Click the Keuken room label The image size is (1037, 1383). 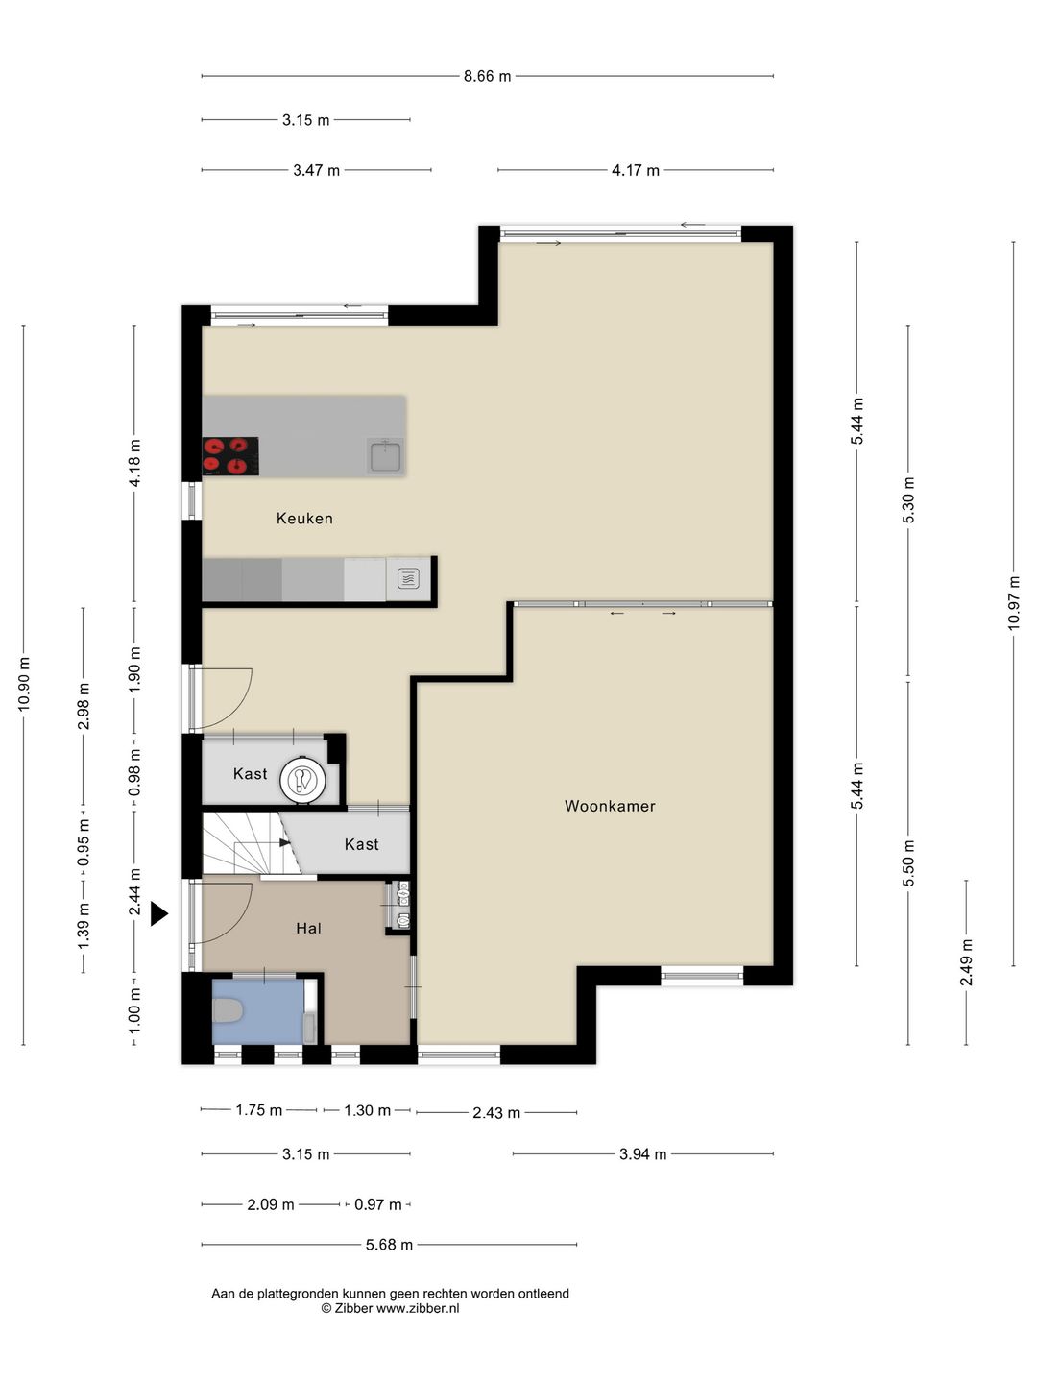pos(304,518)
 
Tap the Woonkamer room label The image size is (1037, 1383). pos(610,805)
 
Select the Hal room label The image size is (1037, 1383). pos(308,928)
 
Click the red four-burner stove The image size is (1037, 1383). pos(230,455)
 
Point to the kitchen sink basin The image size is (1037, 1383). pos(385,456)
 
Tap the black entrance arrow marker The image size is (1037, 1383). pos(159,913)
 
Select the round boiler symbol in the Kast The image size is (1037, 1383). pos(302,780)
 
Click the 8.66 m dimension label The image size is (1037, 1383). pos(488,76)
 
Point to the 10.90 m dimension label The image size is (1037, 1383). pos(24,684)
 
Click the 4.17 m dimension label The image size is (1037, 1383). pos(636,170)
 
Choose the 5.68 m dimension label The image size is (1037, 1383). pos(389,1245)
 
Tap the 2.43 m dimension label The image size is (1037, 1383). pos(496,1113)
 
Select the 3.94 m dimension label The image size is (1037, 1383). pos(643,1154)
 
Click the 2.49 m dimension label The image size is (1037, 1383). pos(966,962)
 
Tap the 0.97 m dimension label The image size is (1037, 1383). pos(377,1204)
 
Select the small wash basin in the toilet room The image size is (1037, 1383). pos(310,1028)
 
